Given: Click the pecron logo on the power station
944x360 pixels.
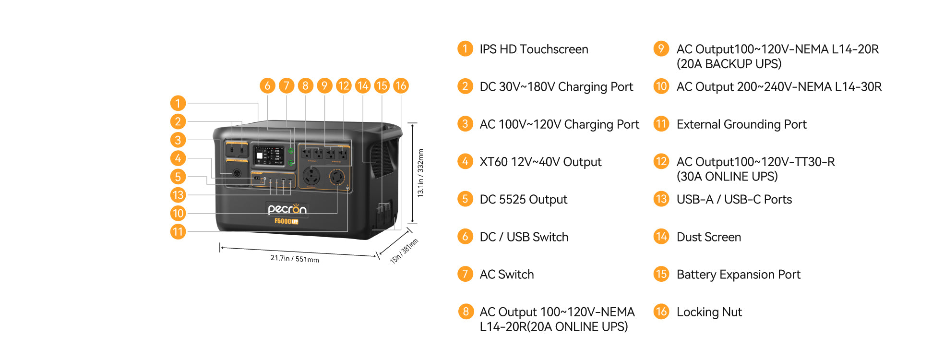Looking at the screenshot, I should [287, 209].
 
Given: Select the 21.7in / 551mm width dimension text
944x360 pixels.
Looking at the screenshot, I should [295, 259].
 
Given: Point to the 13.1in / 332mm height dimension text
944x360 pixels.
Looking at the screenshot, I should [420, 173].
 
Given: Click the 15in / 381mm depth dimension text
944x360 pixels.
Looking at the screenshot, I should [404, 251].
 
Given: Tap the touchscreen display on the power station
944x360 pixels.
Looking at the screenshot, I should [268, 156].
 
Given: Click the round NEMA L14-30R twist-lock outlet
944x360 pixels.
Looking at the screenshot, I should [336, 178].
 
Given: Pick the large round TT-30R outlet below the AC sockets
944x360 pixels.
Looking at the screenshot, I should [311, 176].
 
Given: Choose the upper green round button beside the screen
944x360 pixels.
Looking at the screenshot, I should [291, 151].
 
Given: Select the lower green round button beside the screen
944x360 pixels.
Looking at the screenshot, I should [291, 163].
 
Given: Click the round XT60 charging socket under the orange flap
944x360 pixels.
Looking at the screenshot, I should [237, 173].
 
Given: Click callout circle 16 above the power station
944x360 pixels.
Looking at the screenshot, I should [401, 86].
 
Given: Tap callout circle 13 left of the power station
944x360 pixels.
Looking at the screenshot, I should [178, 195].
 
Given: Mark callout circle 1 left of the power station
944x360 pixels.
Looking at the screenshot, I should [178, 103].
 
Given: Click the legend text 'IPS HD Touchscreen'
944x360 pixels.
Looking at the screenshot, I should [534, 49].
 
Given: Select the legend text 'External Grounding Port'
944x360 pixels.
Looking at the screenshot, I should [741, 124].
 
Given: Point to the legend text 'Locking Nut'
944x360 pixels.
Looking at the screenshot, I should [709, 312].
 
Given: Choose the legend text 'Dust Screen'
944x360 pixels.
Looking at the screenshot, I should [708, 237].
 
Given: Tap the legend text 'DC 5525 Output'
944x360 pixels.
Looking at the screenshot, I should [523, 200].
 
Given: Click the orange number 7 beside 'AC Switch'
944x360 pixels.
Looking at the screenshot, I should [465, 274].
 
